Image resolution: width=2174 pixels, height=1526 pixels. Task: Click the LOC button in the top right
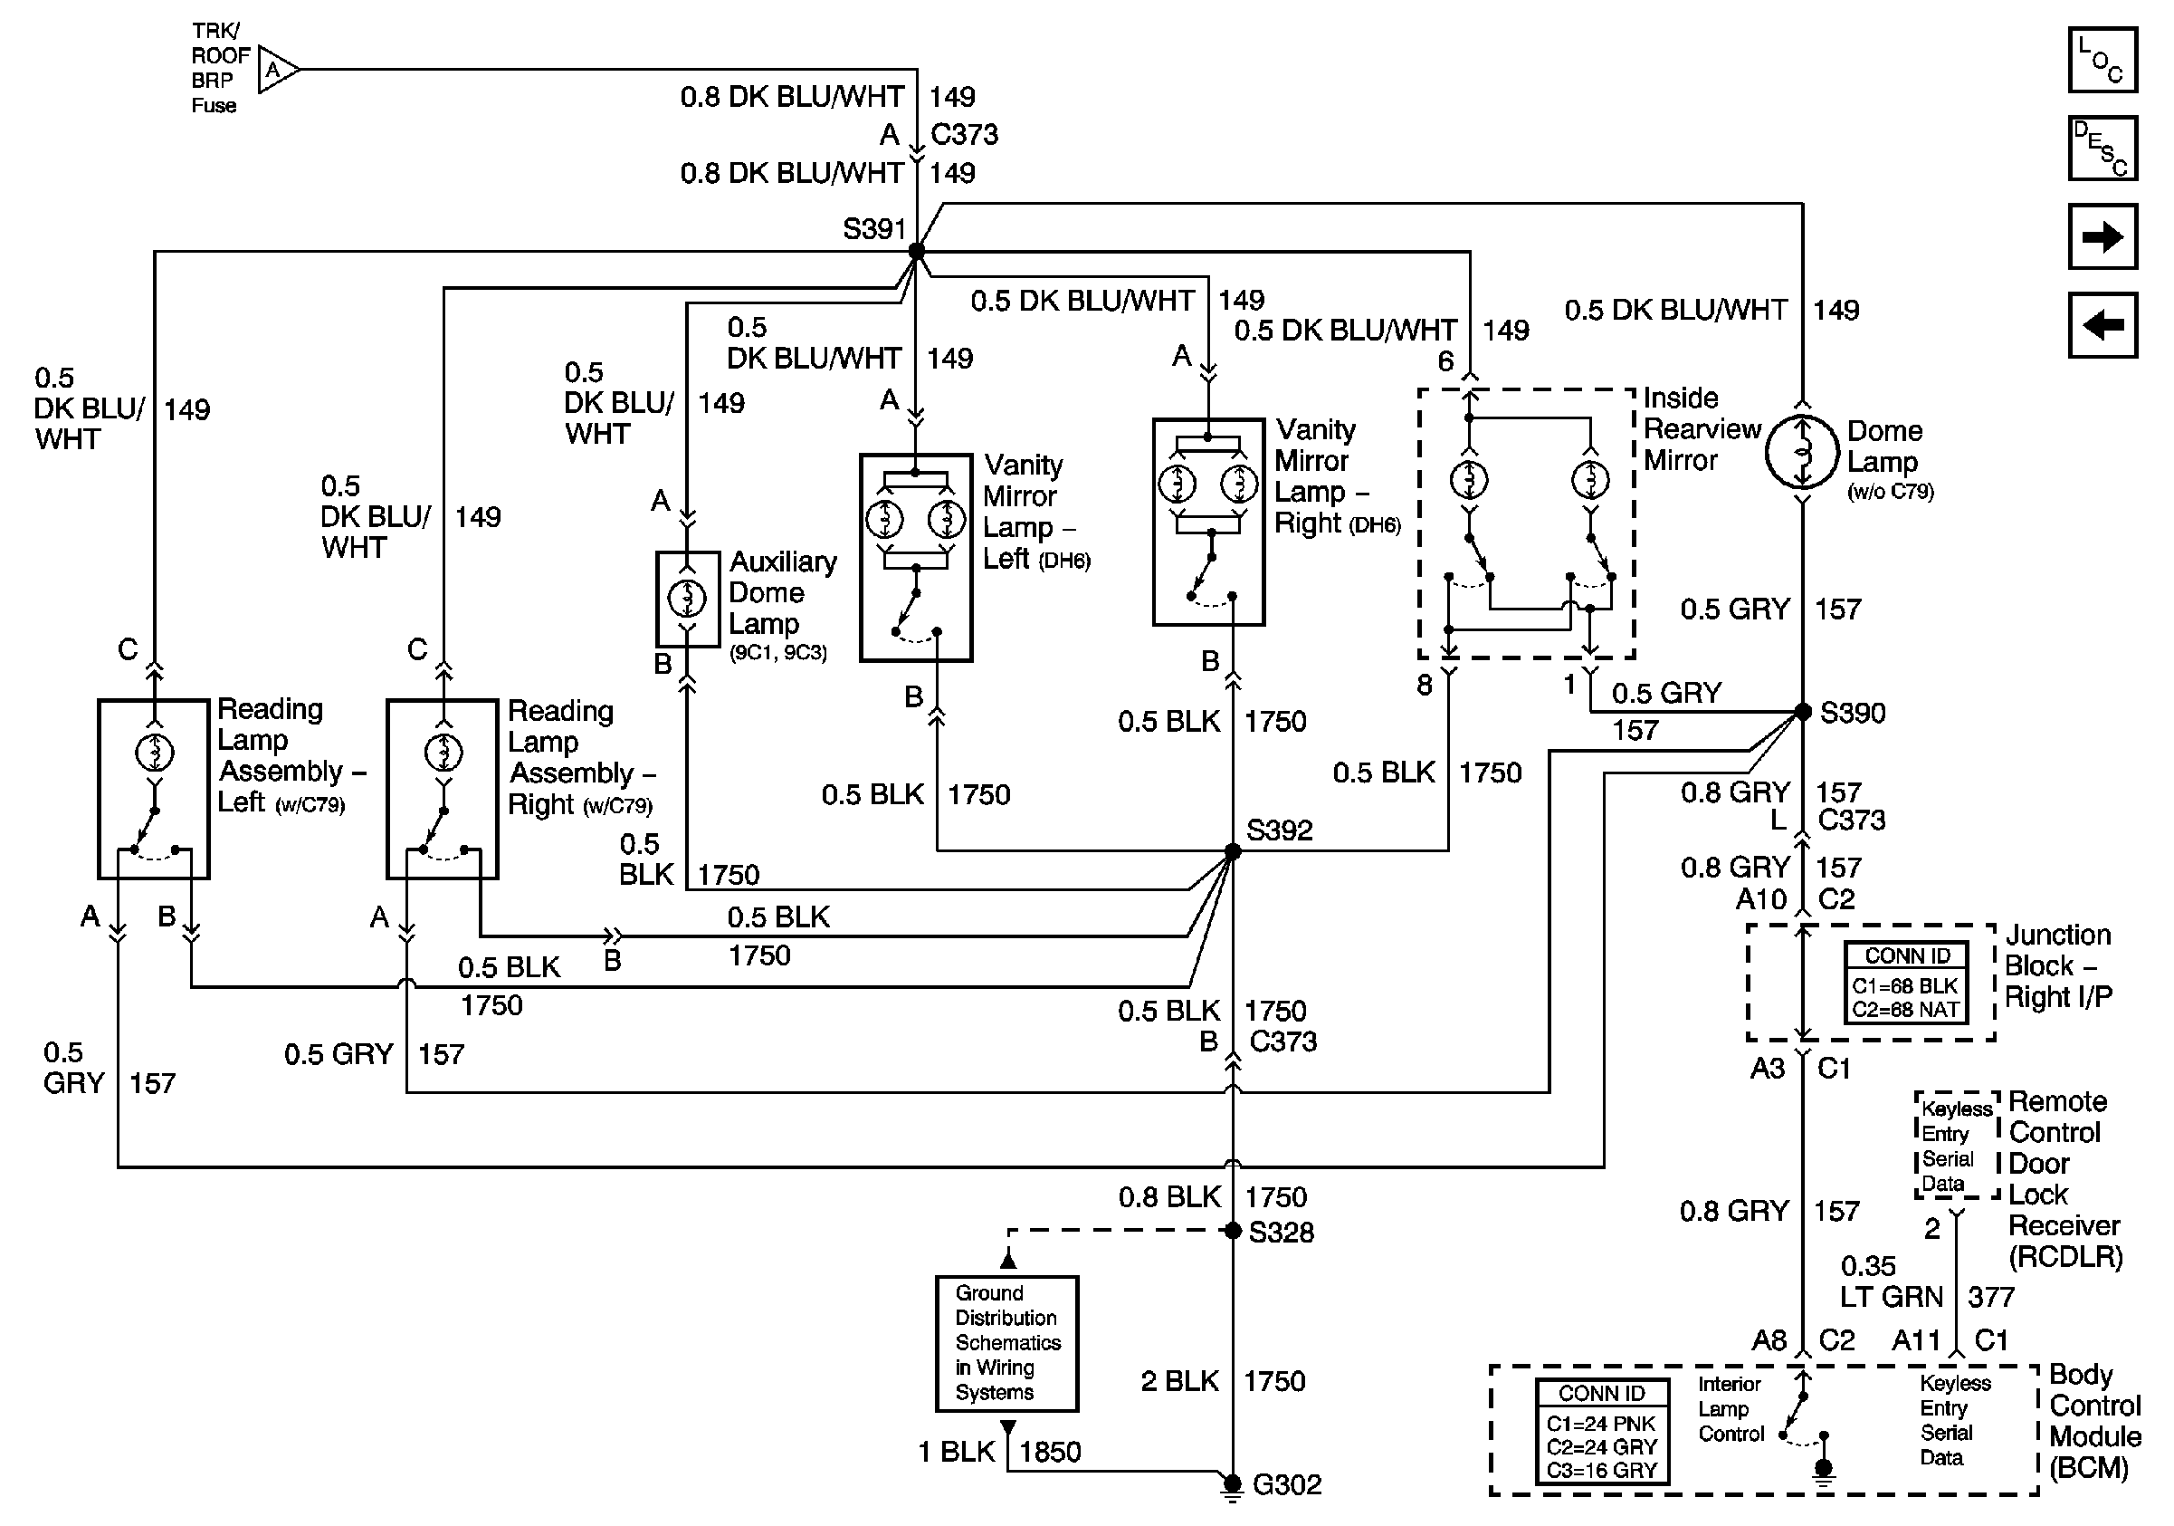pyautogui.click(x=2102, y=60)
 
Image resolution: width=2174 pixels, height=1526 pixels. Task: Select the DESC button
pyautogui.click(x=2102, y=148)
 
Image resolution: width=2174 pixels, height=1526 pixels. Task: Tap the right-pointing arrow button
pyautogui.click(x=2102, y=235)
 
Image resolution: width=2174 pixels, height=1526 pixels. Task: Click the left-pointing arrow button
pyautogui.click(x=2102, y=325)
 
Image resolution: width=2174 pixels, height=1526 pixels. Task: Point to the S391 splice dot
pyautogui.click(x=916, y=251)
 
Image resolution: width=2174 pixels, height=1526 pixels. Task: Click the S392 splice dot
pyautogui.click(x=1232, y=851)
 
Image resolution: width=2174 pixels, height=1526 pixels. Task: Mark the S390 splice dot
pyautogui.click(x=1803, y=711)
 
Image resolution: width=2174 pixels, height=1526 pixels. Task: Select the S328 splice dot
pyautogui.click(x=1232, y=1231)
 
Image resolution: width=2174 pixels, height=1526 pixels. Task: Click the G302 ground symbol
pyautogui.click(x=1232, y=1485)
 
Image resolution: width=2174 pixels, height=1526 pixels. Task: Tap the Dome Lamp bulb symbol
pyautogui.click(x=1803, y=451)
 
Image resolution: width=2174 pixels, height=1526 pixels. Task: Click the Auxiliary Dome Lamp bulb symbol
pyautogui.click(x=688, y=598)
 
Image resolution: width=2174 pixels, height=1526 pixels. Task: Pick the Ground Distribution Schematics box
pyautogui.click(x=1006, y=1343)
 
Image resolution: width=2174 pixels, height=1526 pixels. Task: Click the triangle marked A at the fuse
pyautogui.click(x=276, y=69)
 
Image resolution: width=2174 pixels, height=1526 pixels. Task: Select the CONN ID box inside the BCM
pyautogui.click(x=1602, y=1432)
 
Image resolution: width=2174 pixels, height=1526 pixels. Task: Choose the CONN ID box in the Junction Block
pyautogui.click(x=1906, y=983)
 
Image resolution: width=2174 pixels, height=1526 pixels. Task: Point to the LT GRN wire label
pyautogui.click(x=1892, y=1297)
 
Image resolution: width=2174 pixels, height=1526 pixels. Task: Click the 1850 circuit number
pyautogui.click(x=1050, y=1451)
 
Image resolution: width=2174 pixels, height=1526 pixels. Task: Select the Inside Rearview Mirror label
pyautogui.click(x=1701, y=429)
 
